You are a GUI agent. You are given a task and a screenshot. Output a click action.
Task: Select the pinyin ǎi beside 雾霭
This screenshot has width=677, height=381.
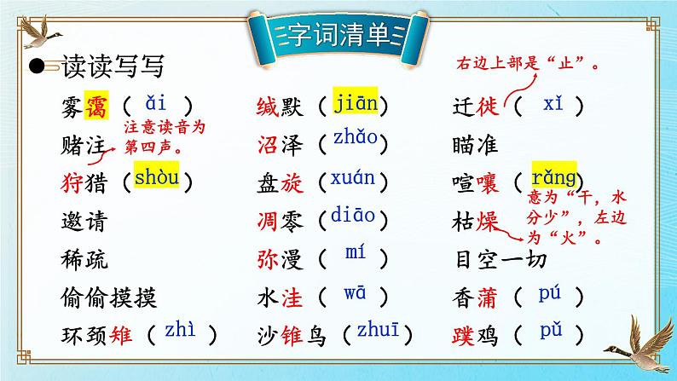click(157, 105)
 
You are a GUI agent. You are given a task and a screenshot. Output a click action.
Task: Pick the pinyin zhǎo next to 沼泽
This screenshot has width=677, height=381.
click(353, 141)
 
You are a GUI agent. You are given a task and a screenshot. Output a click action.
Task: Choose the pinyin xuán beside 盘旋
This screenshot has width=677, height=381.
click(352, 179)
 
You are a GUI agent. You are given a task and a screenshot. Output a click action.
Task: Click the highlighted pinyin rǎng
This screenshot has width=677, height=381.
click(553, 178)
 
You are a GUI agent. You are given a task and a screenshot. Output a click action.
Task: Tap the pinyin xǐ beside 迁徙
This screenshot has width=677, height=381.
click(553, 104)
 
